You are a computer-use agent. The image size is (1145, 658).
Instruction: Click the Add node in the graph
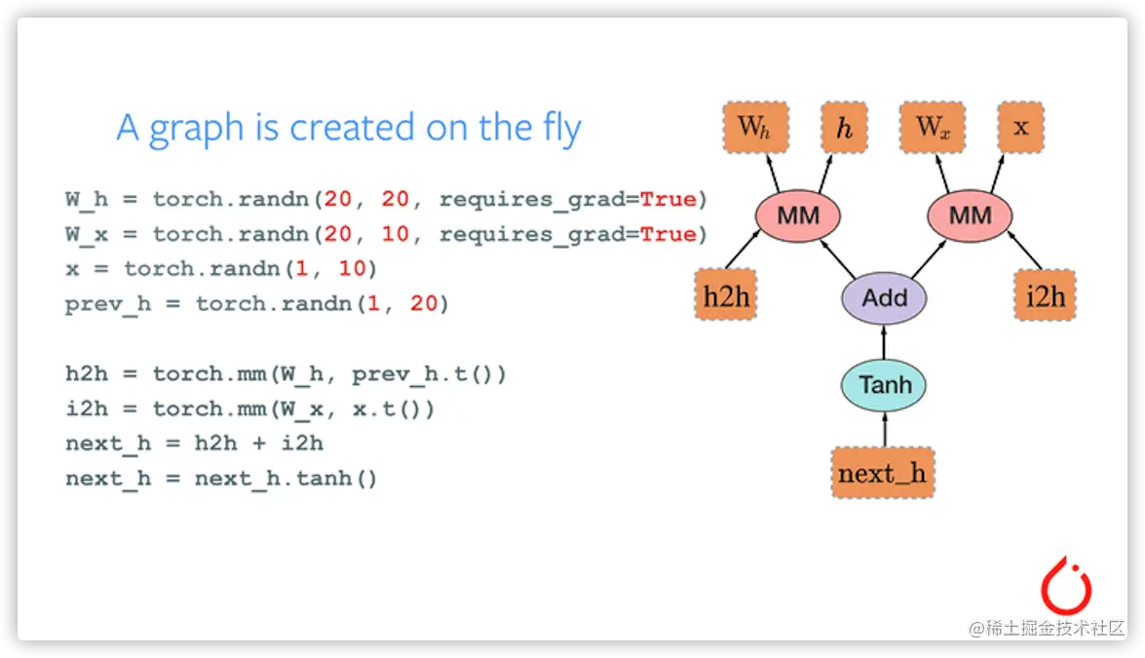point(884,298)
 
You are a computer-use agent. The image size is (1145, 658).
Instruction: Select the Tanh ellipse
point(884,385)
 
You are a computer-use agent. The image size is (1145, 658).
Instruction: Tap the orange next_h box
point(883,473)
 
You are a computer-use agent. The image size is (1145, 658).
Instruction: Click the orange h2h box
point(726,295)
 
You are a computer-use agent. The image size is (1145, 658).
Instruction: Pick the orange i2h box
point(1045,295)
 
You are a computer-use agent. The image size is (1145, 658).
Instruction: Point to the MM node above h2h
point(798,215)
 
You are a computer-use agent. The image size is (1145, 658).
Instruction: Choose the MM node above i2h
point(970,215)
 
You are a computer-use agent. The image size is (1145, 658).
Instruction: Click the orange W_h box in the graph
point(756,127)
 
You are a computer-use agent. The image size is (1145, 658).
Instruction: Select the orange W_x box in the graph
point(933,127)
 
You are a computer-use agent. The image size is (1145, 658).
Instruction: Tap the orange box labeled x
point(1021,127)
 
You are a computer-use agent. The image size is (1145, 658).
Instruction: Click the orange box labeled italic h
point(844,127)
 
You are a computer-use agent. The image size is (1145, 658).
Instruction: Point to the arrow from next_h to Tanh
point(884,430)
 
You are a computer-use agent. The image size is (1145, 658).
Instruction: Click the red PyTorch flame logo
point(1066,586)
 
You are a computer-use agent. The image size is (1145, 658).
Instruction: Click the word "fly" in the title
point(561,129)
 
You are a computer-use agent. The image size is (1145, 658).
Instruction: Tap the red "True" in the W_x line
point(668,234)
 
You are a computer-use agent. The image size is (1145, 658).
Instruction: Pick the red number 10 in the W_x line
point(395,234)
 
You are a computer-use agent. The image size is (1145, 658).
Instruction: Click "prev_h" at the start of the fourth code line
point(108,304)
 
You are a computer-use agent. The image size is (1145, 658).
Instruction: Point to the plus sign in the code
point(259,444)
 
